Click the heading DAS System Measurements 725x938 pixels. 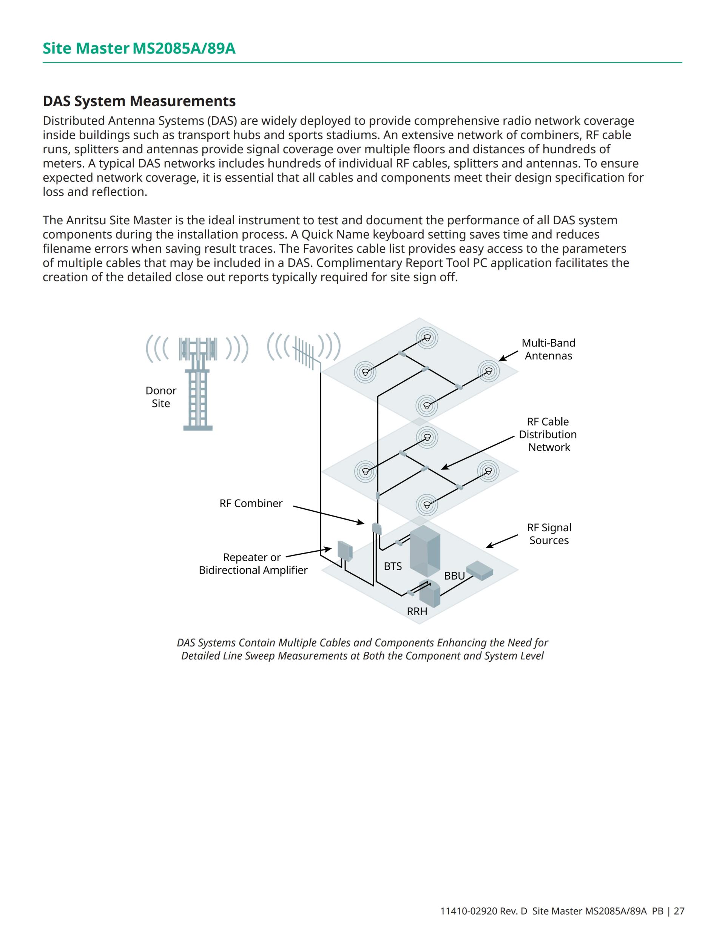(139, 101)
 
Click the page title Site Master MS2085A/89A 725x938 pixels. (139, 49)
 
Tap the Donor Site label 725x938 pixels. (161, 397)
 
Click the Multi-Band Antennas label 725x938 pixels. (549, 349)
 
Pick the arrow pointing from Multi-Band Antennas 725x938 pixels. (508, 356)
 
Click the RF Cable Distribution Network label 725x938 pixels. (548, 434)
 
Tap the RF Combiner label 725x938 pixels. (251, 503)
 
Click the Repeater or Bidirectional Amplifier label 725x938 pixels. (253, 563)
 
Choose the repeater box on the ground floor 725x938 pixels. (345, 551)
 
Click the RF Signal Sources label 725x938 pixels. (549, 534)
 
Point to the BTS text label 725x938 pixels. (393, 566)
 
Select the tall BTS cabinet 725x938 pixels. (425, 551)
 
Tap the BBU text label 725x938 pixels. (454, 576)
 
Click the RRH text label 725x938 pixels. (417, 612)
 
